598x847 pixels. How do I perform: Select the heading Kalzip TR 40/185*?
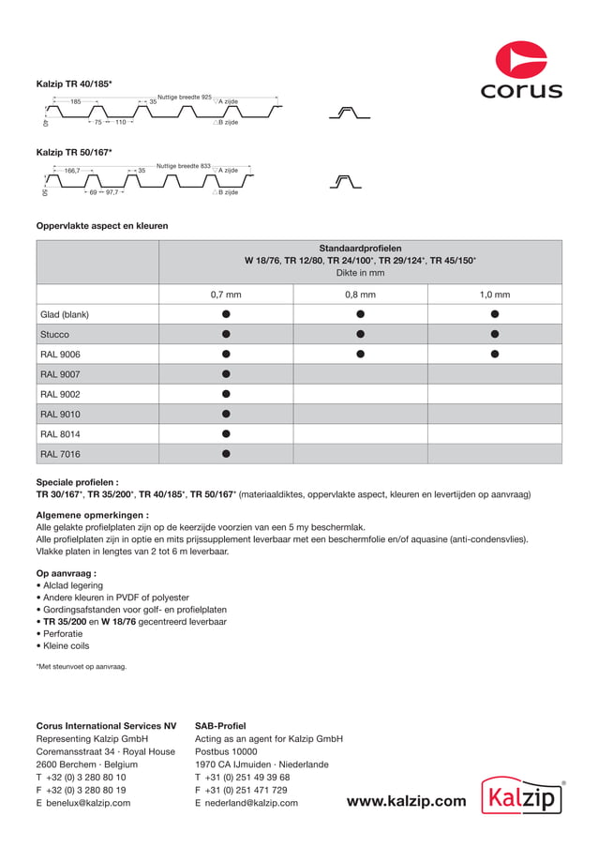[x=74, y=84]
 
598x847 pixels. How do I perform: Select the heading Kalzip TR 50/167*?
[x=74, y=152]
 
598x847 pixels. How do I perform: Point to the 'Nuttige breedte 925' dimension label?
[x=184, y=98]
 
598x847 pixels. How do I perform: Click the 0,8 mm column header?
[x=360, y=295]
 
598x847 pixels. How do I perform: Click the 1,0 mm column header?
[x=494, y=295]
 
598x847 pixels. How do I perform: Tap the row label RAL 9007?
[x=60, y=374]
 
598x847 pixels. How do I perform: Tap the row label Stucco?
[x=54, y=334]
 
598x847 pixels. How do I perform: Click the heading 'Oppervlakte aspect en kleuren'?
[x=102, y=226]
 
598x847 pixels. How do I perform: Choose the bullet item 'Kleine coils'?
[x=66, y=645]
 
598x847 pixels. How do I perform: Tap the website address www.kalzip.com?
[x=406, y=801]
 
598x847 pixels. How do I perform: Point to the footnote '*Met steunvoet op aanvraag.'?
[x=81, y=666]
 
